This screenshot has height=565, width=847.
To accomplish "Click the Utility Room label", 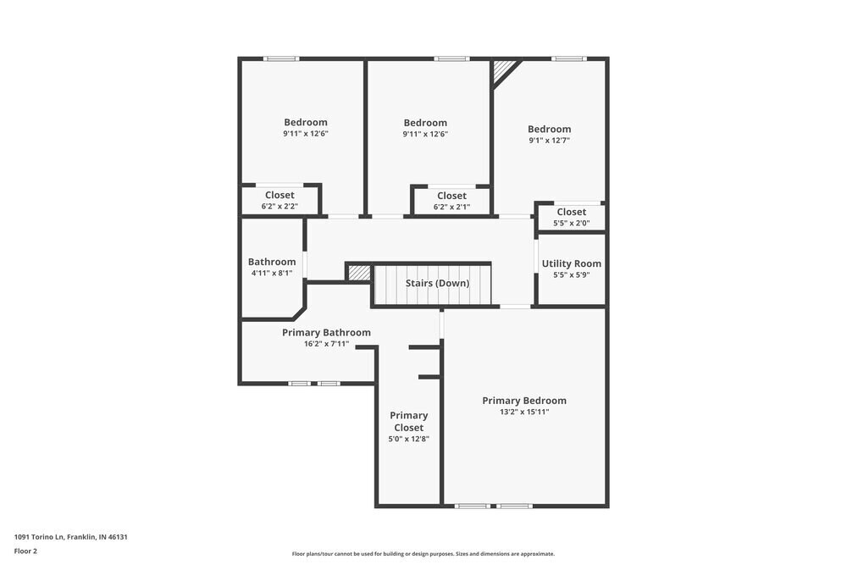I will [572, 263].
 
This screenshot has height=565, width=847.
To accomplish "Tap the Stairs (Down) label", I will [437, 283].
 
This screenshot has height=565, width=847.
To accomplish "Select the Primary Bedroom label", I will [524, 401].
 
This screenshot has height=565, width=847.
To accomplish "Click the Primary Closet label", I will [408, 421].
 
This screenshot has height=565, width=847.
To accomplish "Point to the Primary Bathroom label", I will [326, 333].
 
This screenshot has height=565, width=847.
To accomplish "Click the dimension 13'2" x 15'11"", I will [524, 413].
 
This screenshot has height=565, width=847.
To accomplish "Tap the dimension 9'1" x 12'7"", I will [549, 141].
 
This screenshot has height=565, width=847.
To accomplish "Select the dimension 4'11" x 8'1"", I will [272, 274].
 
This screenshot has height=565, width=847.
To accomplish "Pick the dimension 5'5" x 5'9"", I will [572, 275].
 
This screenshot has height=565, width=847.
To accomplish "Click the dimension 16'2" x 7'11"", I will [326, 344].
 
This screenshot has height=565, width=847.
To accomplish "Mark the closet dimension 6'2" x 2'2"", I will [280, 207].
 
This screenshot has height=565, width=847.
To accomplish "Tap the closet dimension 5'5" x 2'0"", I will [571, 224].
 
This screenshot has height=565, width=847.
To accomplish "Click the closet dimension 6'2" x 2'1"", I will [451, 207].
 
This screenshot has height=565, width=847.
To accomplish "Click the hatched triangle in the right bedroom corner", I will [503, 69].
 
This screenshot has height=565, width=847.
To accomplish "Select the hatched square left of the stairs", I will [359, 273].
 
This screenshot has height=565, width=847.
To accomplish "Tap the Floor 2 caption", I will [25, 551].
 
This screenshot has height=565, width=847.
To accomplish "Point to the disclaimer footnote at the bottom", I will [423, 554].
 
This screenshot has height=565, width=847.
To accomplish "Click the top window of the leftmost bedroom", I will [281, 58].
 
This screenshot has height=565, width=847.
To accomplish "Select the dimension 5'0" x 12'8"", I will [408, 439].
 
